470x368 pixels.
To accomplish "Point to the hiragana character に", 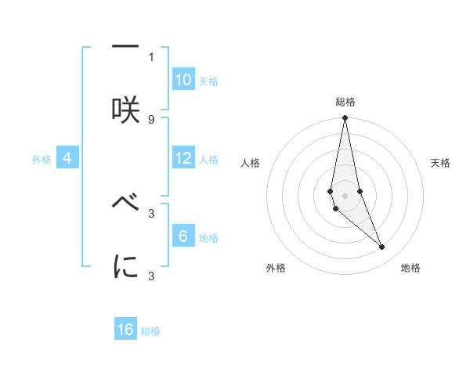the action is coord(125,266).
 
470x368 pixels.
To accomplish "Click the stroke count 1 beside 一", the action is coord(151,56).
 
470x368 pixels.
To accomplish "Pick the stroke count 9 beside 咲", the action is coord(151,119).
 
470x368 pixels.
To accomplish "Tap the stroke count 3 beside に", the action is coord(151,276).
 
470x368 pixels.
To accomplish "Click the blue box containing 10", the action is coord(183,80).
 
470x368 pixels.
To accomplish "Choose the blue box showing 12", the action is coord(183,158).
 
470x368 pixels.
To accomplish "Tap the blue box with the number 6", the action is coord(183,236).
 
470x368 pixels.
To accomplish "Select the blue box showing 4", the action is coord(67,158).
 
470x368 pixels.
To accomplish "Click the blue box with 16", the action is coord(125,330).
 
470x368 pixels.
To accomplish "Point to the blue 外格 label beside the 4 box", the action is coord(42,160).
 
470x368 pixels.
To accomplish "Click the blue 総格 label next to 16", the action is coord(150,331).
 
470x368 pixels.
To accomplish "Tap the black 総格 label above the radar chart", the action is coord(345,102).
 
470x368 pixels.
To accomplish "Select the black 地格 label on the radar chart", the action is coord(410,268).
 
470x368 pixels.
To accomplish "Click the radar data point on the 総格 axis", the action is coord(345,119).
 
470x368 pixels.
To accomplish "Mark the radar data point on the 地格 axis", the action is coord(382,247).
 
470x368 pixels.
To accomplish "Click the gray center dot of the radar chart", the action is coord(345,195).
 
